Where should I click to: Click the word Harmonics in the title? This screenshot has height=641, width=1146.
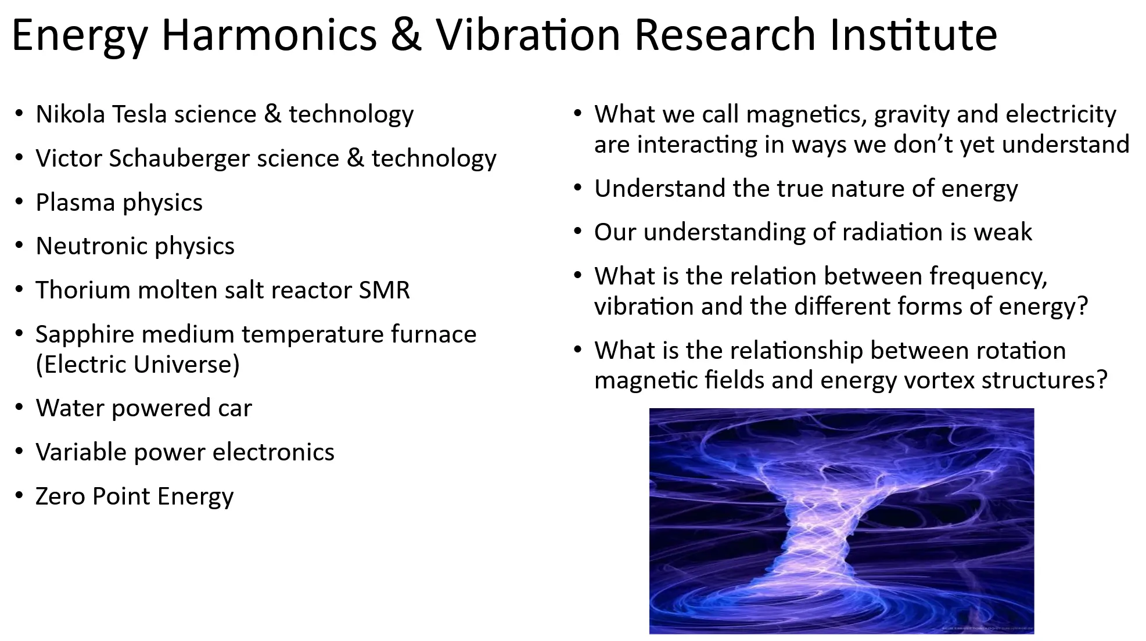click(270, 35)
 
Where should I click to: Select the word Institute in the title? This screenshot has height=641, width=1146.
click(913, 35)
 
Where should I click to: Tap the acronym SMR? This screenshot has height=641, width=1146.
click(385, 290)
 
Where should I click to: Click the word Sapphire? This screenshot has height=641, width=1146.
click(85, 335)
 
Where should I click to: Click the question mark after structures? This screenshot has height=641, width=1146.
click(1102, 380)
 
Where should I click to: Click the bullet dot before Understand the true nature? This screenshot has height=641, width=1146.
click(578, 188)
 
